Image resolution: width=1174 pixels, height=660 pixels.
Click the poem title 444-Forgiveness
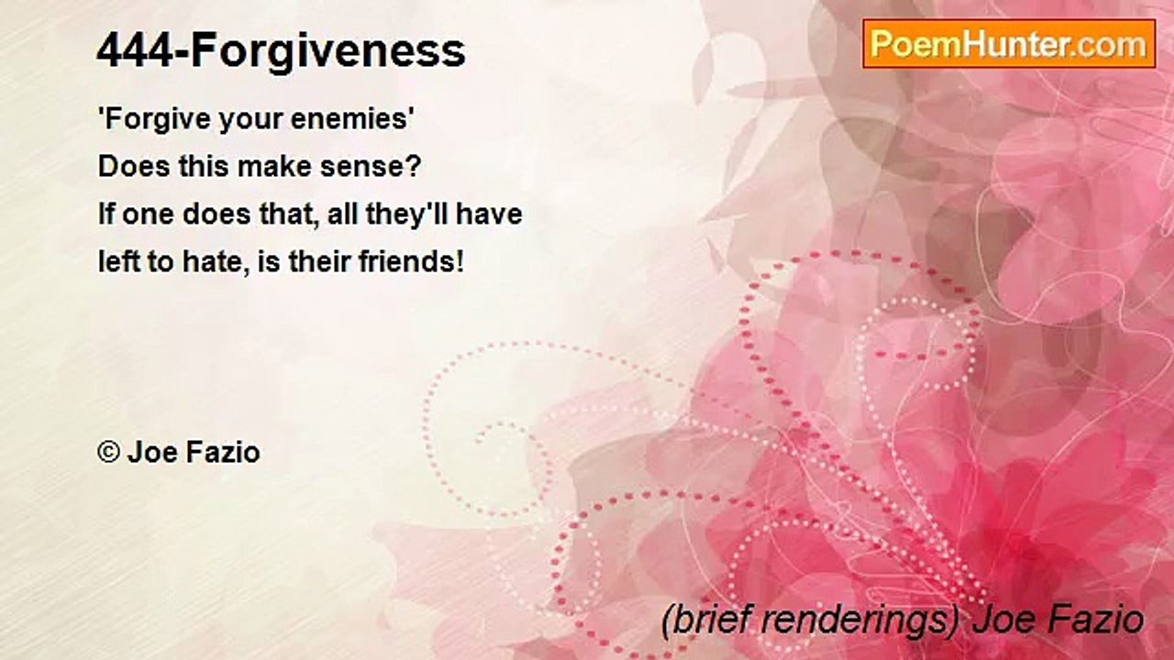point(281,51)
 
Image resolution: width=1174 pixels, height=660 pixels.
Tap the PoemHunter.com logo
point(1009,43)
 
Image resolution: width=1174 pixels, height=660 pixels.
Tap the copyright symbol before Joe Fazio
point(108,452)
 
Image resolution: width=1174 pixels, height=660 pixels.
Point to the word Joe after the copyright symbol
point(149,452)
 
